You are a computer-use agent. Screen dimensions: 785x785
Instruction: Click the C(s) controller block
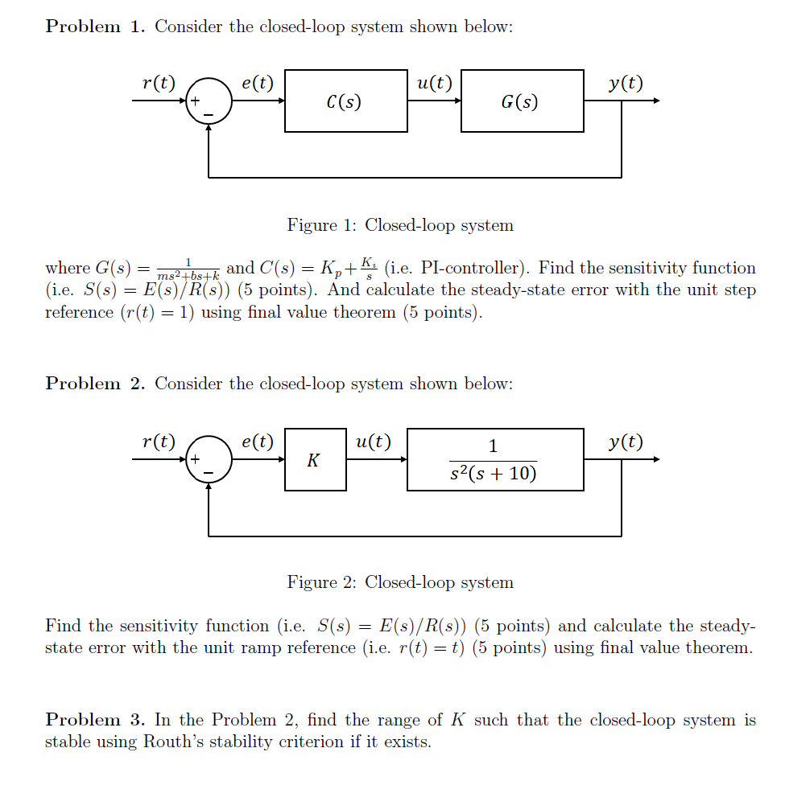(x=346, y=101)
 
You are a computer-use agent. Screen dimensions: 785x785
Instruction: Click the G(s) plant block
(x=522, y=101)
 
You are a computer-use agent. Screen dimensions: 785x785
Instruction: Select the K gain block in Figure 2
(x=315, y=460)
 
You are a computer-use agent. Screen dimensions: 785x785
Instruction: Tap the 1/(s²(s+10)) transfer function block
(x=495, y=460)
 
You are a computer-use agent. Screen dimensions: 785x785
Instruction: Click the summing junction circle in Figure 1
(x=209, y=101)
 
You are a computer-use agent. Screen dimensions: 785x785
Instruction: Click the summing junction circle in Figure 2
(x=209, y=460)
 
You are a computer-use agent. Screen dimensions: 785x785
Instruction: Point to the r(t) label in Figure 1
(x=158, y=83)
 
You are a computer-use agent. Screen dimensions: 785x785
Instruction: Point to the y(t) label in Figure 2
(x=626, y=442)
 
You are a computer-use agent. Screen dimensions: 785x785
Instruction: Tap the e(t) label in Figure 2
(x=258, y=442)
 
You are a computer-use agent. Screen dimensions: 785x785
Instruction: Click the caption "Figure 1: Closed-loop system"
(x=400, y=225)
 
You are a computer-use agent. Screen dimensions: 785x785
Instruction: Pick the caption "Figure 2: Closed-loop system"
(x=400, y=582)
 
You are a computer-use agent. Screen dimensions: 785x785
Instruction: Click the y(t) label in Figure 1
(x=626, y=83)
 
